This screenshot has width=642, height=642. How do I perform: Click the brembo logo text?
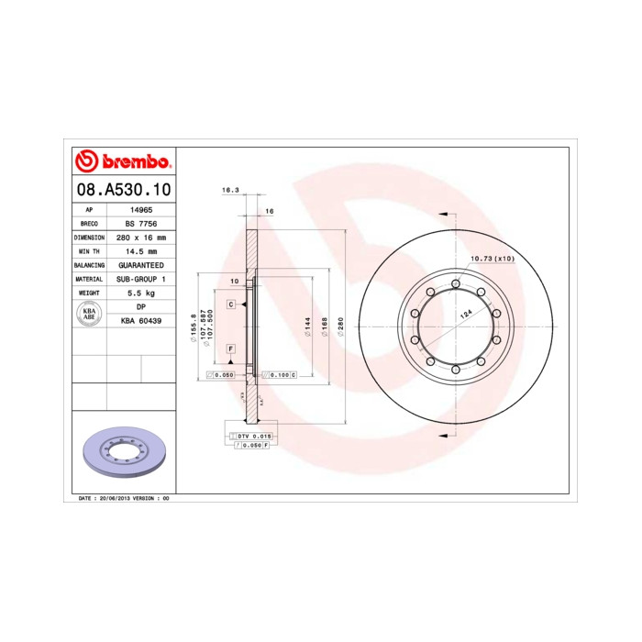pos(135,162)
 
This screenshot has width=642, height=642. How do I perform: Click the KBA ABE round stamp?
pos(90,313)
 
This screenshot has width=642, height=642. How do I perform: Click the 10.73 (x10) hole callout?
pos(493,259)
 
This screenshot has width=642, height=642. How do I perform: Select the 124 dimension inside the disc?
pos(465,315)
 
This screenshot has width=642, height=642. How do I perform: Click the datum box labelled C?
pos(232,303)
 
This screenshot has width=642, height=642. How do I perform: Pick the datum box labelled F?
pos(232,349)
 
